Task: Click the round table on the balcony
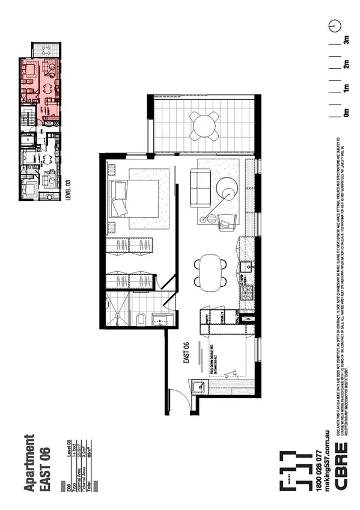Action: [x=204, y=126]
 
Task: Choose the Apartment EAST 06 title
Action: [x=37, y=463]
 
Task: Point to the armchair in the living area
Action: [x=228, y=223]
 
